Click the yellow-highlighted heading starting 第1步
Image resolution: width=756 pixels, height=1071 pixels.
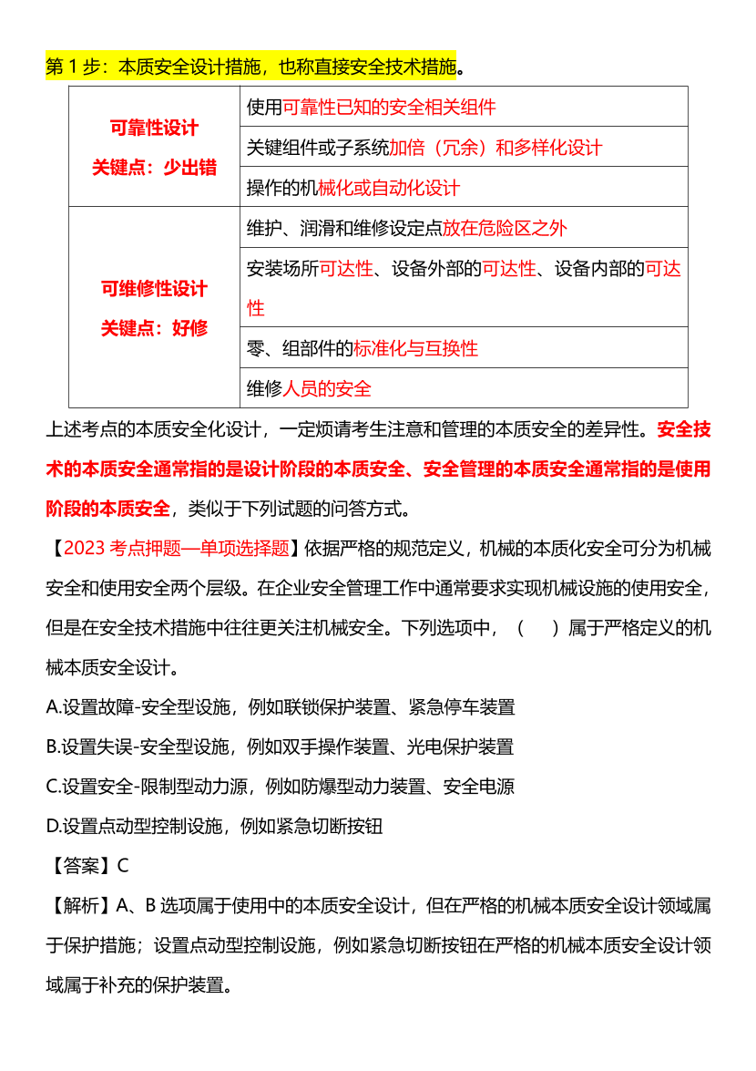point(250,67)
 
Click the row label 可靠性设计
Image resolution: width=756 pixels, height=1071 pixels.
point(154,129)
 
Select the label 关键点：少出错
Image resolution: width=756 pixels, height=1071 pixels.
point(154,168)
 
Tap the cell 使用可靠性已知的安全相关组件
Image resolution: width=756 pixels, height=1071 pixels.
point(371,107)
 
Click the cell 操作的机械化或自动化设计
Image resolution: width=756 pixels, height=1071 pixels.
point(353,188)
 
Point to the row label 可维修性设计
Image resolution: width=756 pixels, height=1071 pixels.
point(154,289)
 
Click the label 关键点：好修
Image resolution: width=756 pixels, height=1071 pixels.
point(154,328)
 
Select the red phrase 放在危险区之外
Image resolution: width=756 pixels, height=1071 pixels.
point(505,228)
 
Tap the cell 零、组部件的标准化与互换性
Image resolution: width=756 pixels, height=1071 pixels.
point(363,348)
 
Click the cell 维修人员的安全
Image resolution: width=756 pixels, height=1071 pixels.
point(310,388)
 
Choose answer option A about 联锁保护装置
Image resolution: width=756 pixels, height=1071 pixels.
point(281,706)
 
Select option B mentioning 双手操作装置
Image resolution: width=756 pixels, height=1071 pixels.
point(280,747)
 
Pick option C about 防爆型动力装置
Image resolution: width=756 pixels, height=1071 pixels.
point(281,787)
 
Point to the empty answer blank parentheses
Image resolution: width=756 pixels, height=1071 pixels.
point(537,628)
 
